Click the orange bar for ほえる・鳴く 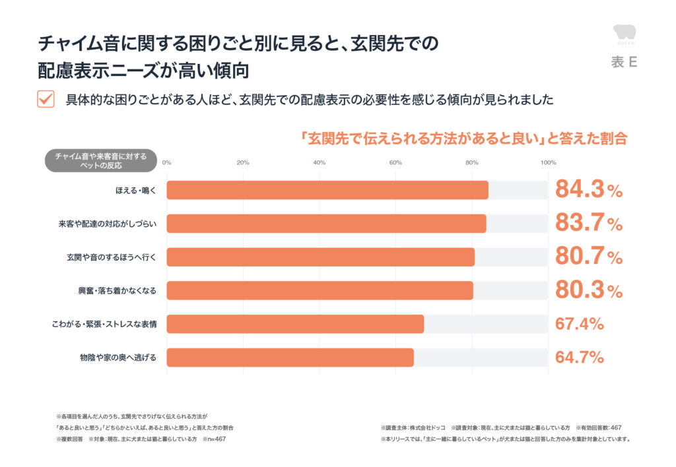(x=327, y=190)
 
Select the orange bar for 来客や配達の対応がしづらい (x=326, y=224)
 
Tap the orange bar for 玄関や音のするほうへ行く (x=320, y=257)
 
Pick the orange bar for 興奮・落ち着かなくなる (x=320, y=291)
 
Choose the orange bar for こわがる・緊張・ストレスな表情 (x=295, y=324)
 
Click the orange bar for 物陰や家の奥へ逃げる (x=290, y=358)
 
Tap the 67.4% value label (x=580, y=324)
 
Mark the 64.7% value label (x=580, y=358)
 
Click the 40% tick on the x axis (x=319, y=163)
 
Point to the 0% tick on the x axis (x=166, y=163)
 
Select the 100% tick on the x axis (x=548, y=163)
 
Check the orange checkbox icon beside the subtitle (x=46, y=99)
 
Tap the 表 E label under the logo (x=624, y=63)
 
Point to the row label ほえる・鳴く (x=134, y=190)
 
